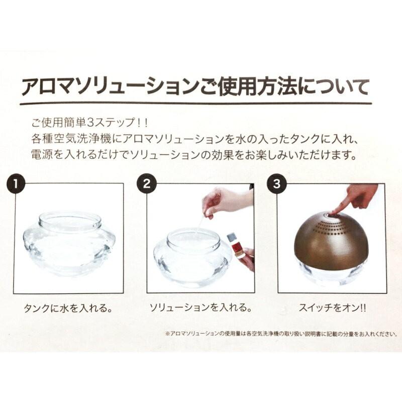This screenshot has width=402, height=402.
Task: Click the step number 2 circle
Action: [147, 184]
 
